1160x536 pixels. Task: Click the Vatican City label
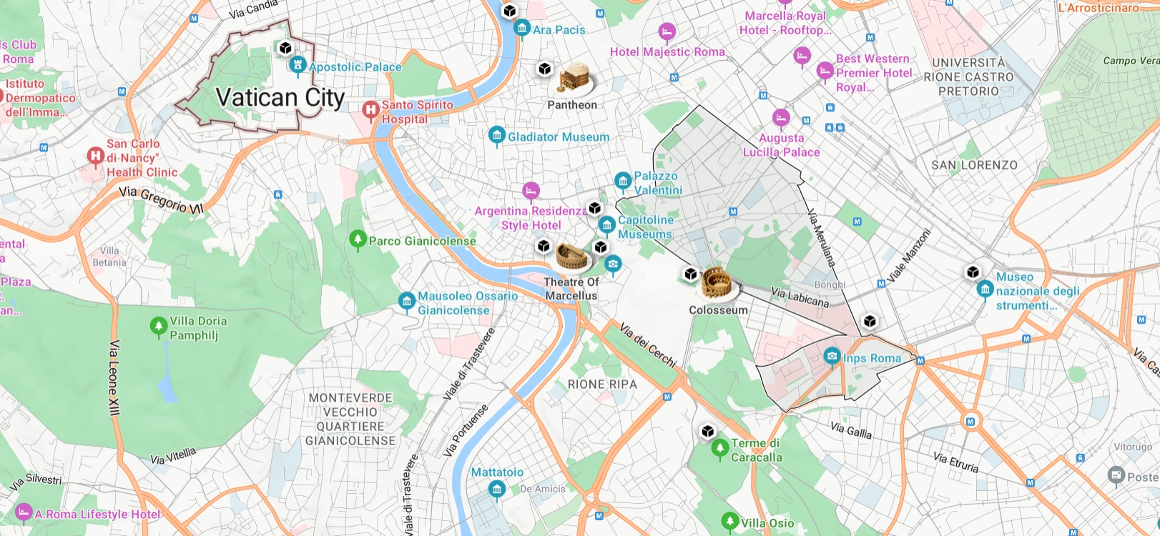tap(280, 97)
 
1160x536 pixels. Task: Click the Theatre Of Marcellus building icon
tap(571, 257)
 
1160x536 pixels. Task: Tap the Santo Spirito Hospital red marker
tap(370, 110)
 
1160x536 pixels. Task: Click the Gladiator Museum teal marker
tap(496, 136)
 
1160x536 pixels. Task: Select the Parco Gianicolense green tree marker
tap(358, 239)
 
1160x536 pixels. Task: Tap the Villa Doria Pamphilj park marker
tap(159, 327)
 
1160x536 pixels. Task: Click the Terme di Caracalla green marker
tap(720, 448)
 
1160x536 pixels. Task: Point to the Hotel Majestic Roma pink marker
tap(667, 32)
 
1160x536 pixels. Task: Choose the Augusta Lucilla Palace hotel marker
tap(781, 117)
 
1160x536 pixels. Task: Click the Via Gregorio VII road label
tap(162, 200)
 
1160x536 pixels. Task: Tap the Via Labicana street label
tap(800, 297)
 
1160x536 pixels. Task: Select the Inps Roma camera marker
tap(832, 356)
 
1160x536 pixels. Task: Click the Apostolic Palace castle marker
tap(298, 66)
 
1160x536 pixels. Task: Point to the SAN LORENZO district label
tap(974, 165)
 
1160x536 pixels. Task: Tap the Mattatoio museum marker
tap(497, 490)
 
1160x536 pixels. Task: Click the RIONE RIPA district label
tap(602, 384)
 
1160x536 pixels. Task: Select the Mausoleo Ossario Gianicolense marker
tap(407, 302)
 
